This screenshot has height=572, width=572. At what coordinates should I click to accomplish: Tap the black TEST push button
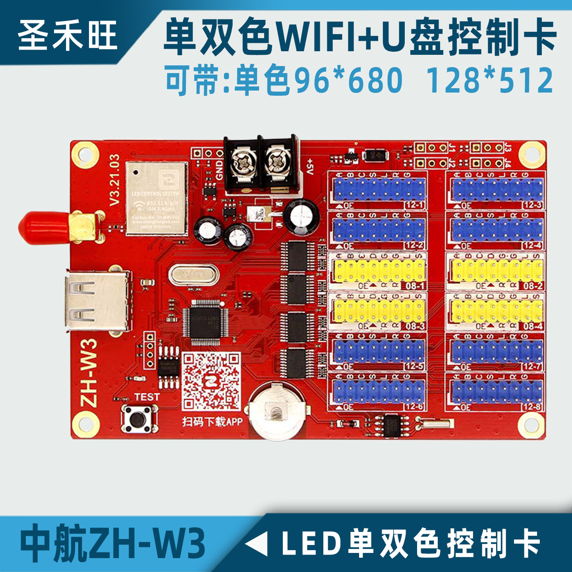(x=137, y=419)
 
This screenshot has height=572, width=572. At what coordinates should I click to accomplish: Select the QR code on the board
(x=211, y=382)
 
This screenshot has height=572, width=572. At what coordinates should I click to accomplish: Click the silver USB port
(x=98, y=301)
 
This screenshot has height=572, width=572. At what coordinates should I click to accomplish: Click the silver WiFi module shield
(x=157, y=198)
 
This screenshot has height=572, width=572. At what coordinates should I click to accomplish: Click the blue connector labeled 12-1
(x=379, y=189)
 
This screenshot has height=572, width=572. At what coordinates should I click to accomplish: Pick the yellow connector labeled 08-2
(x=497, y=271)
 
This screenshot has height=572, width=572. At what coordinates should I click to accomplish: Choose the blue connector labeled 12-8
(x=497, y=391)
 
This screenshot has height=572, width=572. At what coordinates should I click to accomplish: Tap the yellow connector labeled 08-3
(x=379, y=311)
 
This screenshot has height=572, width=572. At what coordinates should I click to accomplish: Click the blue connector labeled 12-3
(x=497, y=189)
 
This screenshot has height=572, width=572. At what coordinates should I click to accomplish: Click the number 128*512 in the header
(x=489, y=80)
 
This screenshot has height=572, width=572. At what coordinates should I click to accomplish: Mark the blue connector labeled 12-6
(x=379, y=391)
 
